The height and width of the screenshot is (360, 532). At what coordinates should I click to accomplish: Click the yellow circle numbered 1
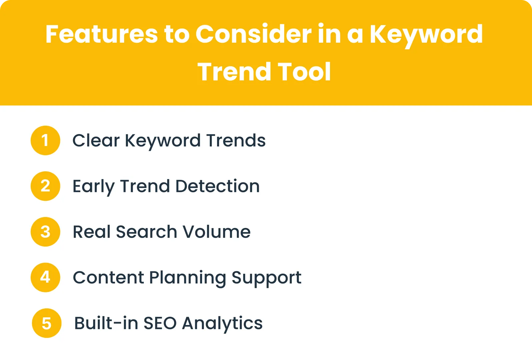(x=45, y=140)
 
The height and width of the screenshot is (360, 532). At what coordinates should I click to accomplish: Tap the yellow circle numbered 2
(x=45, y=186)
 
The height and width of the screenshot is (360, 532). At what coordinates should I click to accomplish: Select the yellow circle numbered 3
(x=45, y=232)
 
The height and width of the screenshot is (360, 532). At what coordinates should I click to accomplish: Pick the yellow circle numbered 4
(x=45, y=277)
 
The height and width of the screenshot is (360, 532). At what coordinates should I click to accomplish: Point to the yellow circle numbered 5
(x=47, y=323)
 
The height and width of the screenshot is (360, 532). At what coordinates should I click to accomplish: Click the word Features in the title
(x=102, y=34)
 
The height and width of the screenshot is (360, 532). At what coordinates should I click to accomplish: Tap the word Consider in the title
(x=253, y=34)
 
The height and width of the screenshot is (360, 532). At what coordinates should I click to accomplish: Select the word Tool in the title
(x=304, y=71)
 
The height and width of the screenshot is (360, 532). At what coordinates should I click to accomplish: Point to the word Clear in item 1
(x=96, y=140)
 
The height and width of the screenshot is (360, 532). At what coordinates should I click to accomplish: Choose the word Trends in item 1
(x=236, y=140)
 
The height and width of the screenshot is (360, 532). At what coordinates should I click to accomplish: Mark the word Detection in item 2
(x=217, y=186)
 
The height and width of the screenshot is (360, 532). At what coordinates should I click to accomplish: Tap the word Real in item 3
(x=92, y=232)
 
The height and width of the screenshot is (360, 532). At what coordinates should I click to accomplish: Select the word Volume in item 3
(x=216, y=232)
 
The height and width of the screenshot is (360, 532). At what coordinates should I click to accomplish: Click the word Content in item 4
(x=108, y=277)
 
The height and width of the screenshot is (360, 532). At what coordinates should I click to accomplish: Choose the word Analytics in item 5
(x=222, y=324)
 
